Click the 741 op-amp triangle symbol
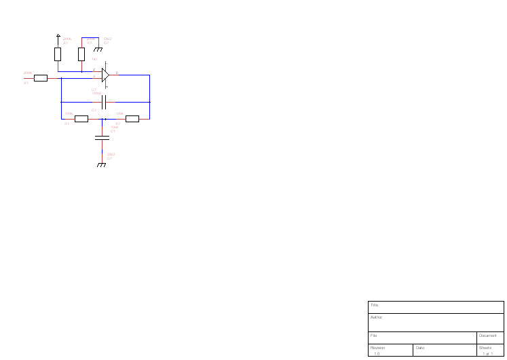(x=105, y=75)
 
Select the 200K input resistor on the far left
(x=41, y=78)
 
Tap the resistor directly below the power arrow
(x=58, y=54)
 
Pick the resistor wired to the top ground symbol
(x=81, y=54)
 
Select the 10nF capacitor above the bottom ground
(x=102, y=138)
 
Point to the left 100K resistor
(x=81, y=119)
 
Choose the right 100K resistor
(x=132, y=119)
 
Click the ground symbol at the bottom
(x=102, y=164)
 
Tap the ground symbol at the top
(x=98, y=48)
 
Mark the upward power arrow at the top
(x=58, y=35)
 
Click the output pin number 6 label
(x=117, y=72)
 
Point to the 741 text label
(x=94, y=60)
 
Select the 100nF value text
(x=96, y=93)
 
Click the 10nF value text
(x=114, y=127)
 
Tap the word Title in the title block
(x=374, y=306)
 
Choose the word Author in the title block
(x=376, y=317)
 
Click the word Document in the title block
(x=488, y=336)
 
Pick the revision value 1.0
(x=377, y=353)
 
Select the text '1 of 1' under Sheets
(x=487, y=353)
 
